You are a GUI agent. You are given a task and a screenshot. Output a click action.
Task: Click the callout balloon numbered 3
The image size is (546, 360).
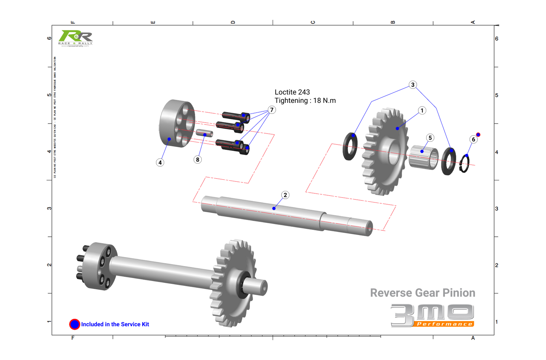413,85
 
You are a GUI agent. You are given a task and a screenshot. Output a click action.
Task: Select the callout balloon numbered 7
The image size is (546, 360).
272,110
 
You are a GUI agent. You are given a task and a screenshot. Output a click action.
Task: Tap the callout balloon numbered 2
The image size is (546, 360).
285,195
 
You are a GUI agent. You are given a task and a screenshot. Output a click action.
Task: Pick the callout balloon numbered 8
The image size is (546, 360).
198,160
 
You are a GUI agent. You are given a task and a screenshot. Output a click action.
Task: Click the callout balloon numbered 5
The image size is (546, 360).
430,138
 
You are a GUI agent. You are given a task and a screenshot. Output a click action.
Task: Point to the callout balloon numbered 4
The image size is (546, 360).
160,163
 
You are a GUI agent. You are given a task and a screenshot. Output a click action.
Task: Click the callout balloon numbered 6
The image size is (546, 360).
473,139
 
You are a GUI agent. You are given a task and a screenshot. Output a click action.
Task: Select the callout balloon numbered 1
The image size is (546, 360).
422,110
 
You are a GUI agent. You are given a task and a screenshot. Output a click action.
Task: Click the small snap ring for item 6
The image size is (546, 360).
464,164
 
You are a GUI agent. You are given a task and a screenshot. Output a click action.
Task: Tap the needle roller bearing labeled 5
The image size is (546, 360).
423,157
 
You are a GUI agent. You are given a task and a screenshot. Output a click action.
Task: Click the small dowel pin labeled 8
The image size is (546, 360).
204,133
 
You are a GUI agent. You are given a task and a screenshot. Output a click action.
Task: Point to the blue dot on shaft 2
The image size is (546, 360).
274,208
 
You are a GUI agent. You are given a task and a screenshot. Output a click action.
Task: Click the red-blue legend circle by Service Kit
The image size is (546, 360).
74,324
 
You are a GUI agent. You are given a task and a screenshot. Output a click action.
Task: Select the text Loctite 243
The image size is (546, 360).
292,92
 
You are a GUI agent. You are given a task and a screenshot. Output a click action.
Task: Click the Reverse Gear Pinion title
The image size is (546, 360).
422,293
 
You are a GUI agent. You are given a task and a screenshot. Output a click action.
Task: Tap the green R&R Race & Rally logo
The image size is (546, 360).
75,38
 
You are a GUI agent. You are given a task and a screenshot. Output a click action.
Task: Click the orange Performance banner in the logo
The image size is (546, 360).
445,324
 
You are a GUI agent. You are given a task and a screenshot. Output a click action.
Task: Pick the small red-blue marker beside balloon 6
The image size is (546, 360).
478,135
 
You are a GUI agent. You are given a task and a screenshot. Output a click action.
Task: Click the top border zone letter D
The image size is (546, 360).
233,22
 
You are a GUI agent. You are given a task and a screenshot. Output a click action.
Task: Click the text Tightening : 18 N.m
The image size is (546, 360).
305,101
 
